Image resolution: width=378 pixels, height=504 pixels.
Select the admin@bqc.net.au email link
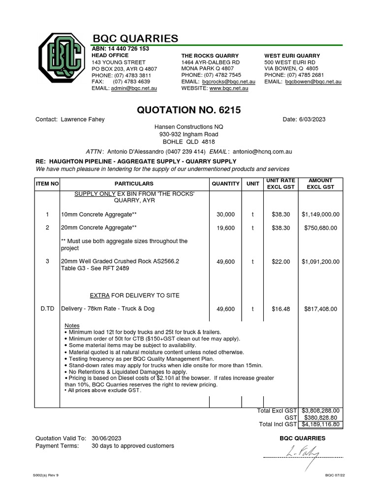tap(134, 88)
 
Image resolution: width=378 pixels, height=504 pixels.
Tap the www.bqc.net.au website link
tap(229, 88)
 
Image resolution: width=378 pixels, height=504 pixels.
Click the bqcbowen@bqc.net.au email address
tap(314, 81)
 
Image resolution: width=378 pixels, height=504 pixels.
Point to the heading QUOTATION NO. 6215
tap(189, 110)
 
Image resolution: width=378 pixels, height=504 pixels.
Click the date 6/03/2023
tap(312, 120)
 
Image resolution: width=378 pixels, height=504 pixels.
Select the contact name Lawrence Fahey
tap(83, 120)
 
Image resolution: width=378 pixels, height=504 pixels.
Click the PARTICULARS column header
tap(134, 184)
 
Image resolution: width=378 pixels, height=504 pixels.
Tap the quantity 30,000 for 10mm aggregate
tap(226, 215)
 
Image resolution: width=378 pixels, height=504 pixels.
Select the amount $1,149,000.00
tap(320, 215)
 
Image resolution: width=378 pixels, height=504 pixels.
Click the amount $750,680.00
tap(320, 228)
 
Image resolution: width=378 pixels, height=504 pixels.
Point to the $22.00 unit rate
tap(281, 262)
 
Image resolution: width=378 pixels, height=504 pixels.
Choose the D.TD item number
tap(47, 309)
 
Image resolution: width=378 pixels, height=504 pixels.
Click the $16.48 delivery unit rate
tap(281, 309)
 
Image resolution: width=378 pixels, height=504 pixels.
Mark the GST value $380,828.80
tap(322, 417)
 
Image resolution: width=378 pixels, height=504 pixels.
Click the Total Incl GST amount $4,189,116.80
tap(320, 424)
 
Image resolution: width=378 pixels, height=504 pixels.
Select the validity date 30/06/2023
tap(106, 438)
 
